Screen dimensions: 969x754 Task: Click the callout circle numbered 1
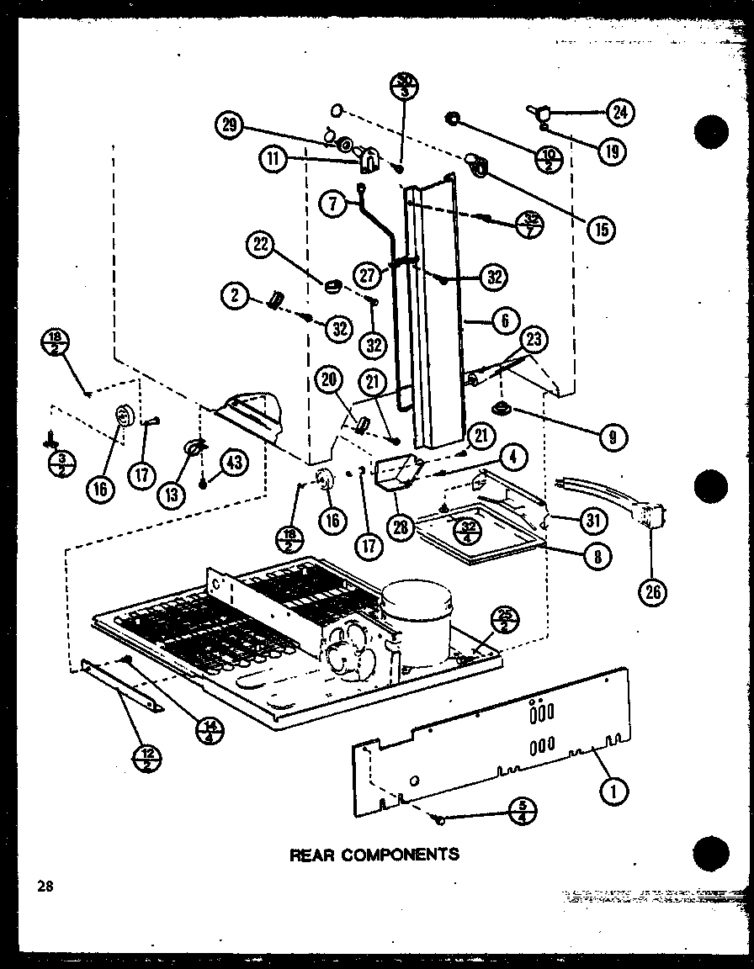pos(615,789)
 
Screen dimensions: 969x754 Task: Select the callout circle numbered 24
pos(620,112)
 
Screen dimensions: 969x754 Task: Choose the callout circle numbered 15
pos(601,227)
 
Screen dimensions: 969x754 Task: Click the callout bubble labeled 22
pos(262,246)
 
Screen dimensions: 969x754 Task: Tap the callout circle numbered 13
pos(173,495)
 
